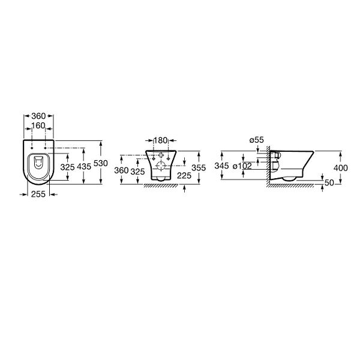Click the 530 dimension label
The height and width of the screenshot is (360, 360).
click(101, 163)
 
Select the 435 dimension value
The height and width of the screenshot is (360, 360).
click(84, 167)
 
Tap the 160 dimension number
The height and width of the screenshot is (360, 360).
click(38, 126)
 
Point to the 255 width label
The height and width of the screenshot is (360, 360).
click(38, 194)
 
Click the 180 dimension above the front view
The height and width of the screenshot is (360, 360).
click(160, 140)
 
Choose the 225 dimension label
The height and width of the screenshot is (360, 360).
click(184, 176)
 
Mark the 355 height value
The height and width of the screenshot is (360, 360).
click(199, 168)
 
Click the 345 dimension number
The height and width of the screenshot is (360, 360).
click(221, 166)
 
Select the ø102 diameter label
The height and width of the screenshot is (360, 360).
click(242, 166)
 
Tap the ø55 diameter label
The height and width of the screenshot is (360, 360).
click(257, 140)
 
